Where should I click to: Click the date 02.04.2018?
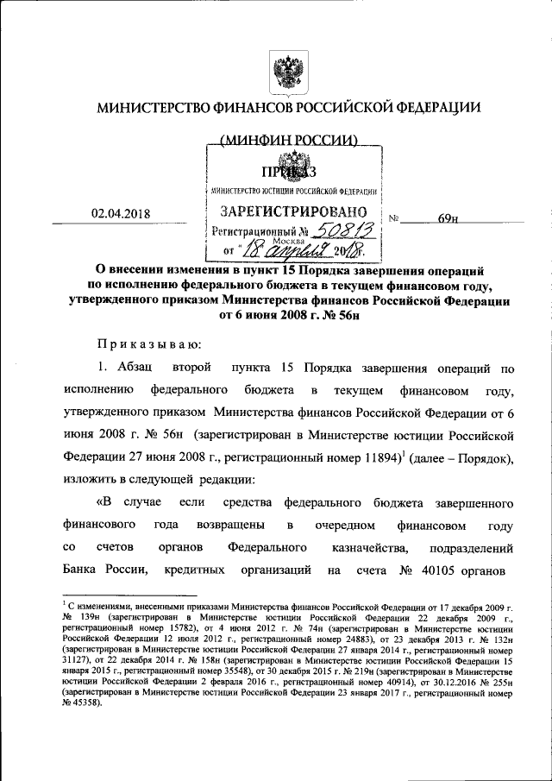click(x=119, y=215)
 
